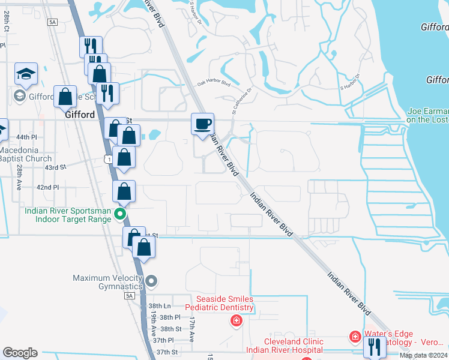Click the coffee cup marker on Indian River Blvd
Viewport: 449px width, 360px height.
coord(202,124)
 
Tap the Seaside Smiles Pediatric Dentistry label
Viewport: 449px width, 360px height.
coord(218,303)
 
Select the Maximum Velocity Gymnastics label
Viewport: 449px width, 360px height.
coord(107,282)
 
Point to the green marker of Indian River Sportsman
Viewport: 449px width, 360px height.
coord(121,214)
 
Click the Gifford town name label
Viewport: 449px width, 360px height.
coord(79,115)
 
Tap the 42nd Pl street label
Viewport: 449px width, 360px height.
coord(48,187)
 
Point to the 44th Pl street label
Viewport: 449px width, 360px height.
coord(26,137)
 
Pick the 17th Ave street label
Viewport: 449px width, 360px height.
coord(191,330)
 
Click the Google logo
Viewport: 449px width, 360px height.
coord(20,353)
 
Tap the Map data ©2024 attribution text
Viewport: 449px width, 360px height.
coord(423,355)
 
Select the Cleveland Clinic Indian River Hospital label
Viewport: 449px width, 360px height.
coord(284,345)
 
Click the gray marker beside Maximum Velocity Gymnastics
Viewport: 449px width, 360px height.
coord(151,281)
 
